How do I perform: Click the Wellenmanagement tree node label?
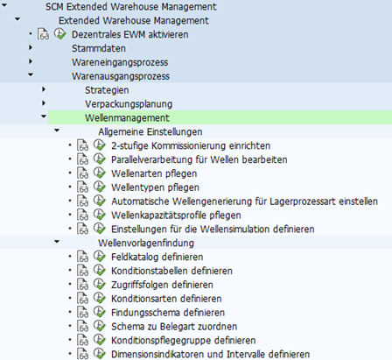pyautogui.click(x=127, y=118)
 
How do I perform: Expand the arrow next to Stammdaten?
pyautogui.click(x=31, y=47)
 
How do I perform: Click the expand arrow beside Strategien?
pyautogui.click(x=44, y=89)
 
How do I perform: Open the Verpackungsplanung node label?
pyautogui.click(x=129, y=104)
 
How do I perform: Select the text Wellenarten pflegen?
pyautogui.click(x=154, y=173)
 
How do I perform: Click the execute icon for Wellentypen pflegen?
pyautogui.click(x=100, y=187)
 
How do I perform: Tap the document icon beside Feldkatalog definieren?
pyautogui.click(x=82, y=257)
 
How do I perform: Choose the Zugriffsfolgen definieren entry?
pyautogui.click(x=162, y=285)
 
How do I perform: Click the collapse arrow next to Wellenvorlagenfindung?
pyautogui.click(x=57, y=242)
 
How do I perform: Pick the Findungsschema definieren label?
pyautogui.click(x=168, y=313)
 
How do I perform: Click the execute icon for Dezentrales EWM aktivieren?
pyautogui.click(x=60, y=34)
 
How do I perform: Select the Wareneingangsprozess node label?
pyautogui.click(x=120, y=62)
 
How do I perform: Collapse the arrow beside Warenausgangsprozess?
pyautogui.click(x=31, y=75)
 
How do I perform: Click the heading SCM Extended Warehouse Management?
pyautogui.click(x=131, y=7)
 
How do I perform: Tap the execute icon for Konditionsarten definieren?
pyautogui.click(x=100, y=298)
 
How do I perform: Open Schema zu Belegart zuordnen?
pyautogui.click(x=174, y=327)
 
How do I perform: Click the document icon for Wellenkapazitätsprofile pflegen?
pyautogui.click(x=82, y=215)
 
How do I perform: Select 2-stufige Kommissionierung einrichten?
pyautogui.click(x=191, y=145)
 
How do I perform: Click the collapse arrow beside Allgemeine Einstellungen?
pyautogui.click(x=57, y=131)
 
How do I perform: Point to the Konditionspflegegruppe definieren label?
pyautogui.click(x=184, y=341)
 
